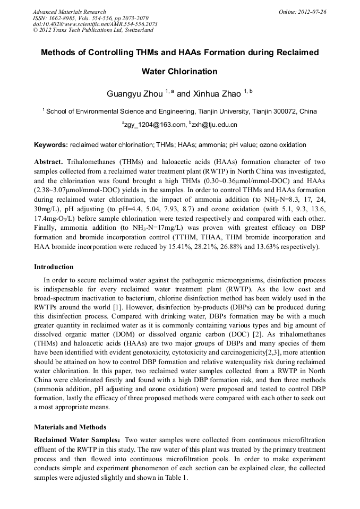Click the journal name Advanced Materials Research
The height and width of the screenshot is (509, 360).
pos(69,12)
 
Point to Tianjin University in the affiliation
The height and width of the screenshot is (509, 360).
pos(222,111)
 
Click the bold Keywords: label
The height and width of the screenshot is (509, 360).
pos(51,145)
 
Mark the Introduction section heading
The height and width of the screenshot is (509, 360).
pos(54,266)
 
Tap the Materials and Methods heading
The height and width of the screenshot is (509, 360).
pos(70,427)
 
